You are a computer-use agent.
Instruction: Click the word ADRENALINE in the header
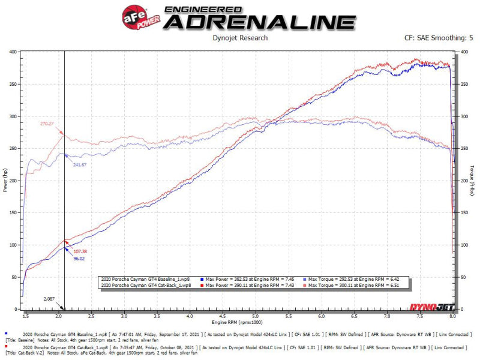[259, 22]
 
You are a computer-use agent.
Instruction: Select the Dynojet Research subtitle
[240, 38]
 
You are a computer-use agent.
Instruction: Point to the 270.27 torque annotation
[48, 123]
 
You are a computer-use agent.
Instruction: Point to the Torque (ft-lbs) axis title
[473, 180]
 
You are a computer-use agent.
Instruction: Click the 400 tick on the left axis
[13, 52]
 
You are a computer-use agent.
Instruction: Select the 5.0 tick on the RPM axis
[256, 316]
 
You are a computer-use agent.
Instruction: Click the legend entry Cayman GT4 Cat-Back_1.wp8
[146, 286]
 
